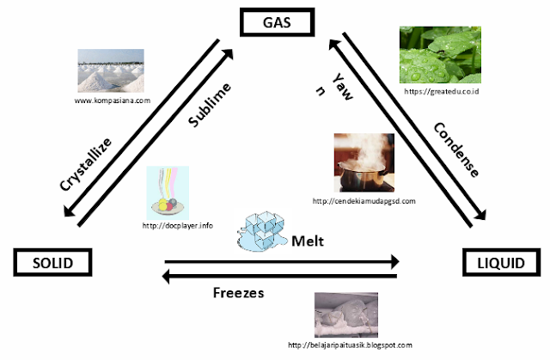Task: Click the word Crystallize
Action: [x=86, y=164]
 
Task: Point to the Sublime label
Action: [x=210, y=105]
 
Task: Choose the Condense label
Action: [x=456, y=149]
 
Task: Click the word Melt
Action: [x=308, y=241]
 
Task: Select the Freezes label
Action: [x=239, y=293]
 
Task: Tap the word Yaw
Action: [x=342, y=87]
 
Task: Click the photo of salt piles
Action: [x=111, y=70]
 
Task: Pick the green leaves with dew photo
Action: [x=440, y=55]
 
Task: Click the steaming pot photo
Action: [x=364, y=162]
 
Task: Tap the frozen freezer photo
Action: [x=346, y=314]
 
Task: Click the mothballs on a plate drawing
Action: [x=168, y=192]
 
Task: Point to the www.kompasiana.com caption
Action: [x=113, y=101]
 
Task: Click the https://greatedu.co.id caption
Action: [x=441, y=91]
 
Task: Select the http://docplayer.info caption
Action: [x=178, y=226]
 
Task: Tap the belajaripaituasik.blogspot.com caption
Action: [x=350, y=345]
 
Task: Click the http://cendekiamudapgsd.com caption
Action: [x=364, y=201]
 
